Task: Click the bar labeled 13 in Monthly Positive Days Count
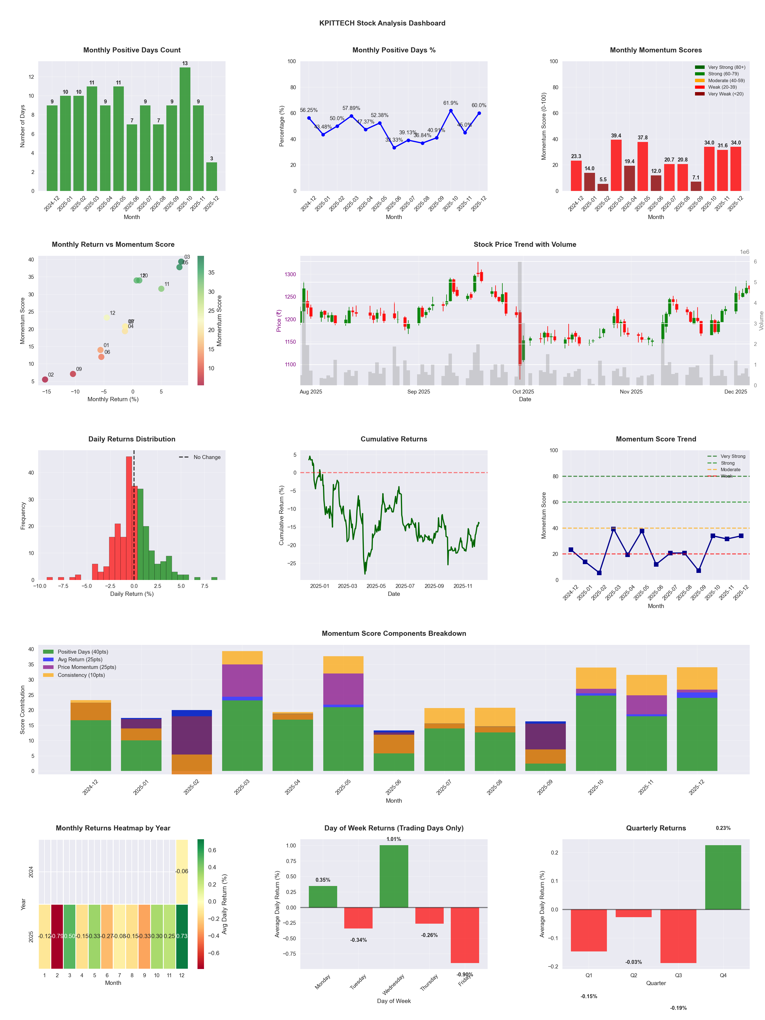coord(185,129)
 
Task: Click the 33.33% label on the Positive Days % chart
coord(394,140)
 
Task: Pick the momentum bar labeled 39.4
coord(616,165)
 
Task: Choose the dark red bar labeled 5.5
coord(603,187)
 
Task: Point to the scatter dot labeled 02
coord(45,379)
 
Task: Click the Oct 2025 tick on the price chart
coord(523,392)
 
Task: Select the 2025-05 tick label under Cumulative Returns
coord(376,586)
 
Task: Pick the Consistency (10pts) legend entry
coord(81,675)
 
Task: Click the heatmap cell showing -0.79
coord(57,936)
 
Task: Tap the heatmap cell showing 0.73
coord(182,936)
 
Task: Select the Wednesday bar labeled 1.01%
coord(394,876)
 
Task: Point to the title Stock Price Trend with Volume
coord(525,245)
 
